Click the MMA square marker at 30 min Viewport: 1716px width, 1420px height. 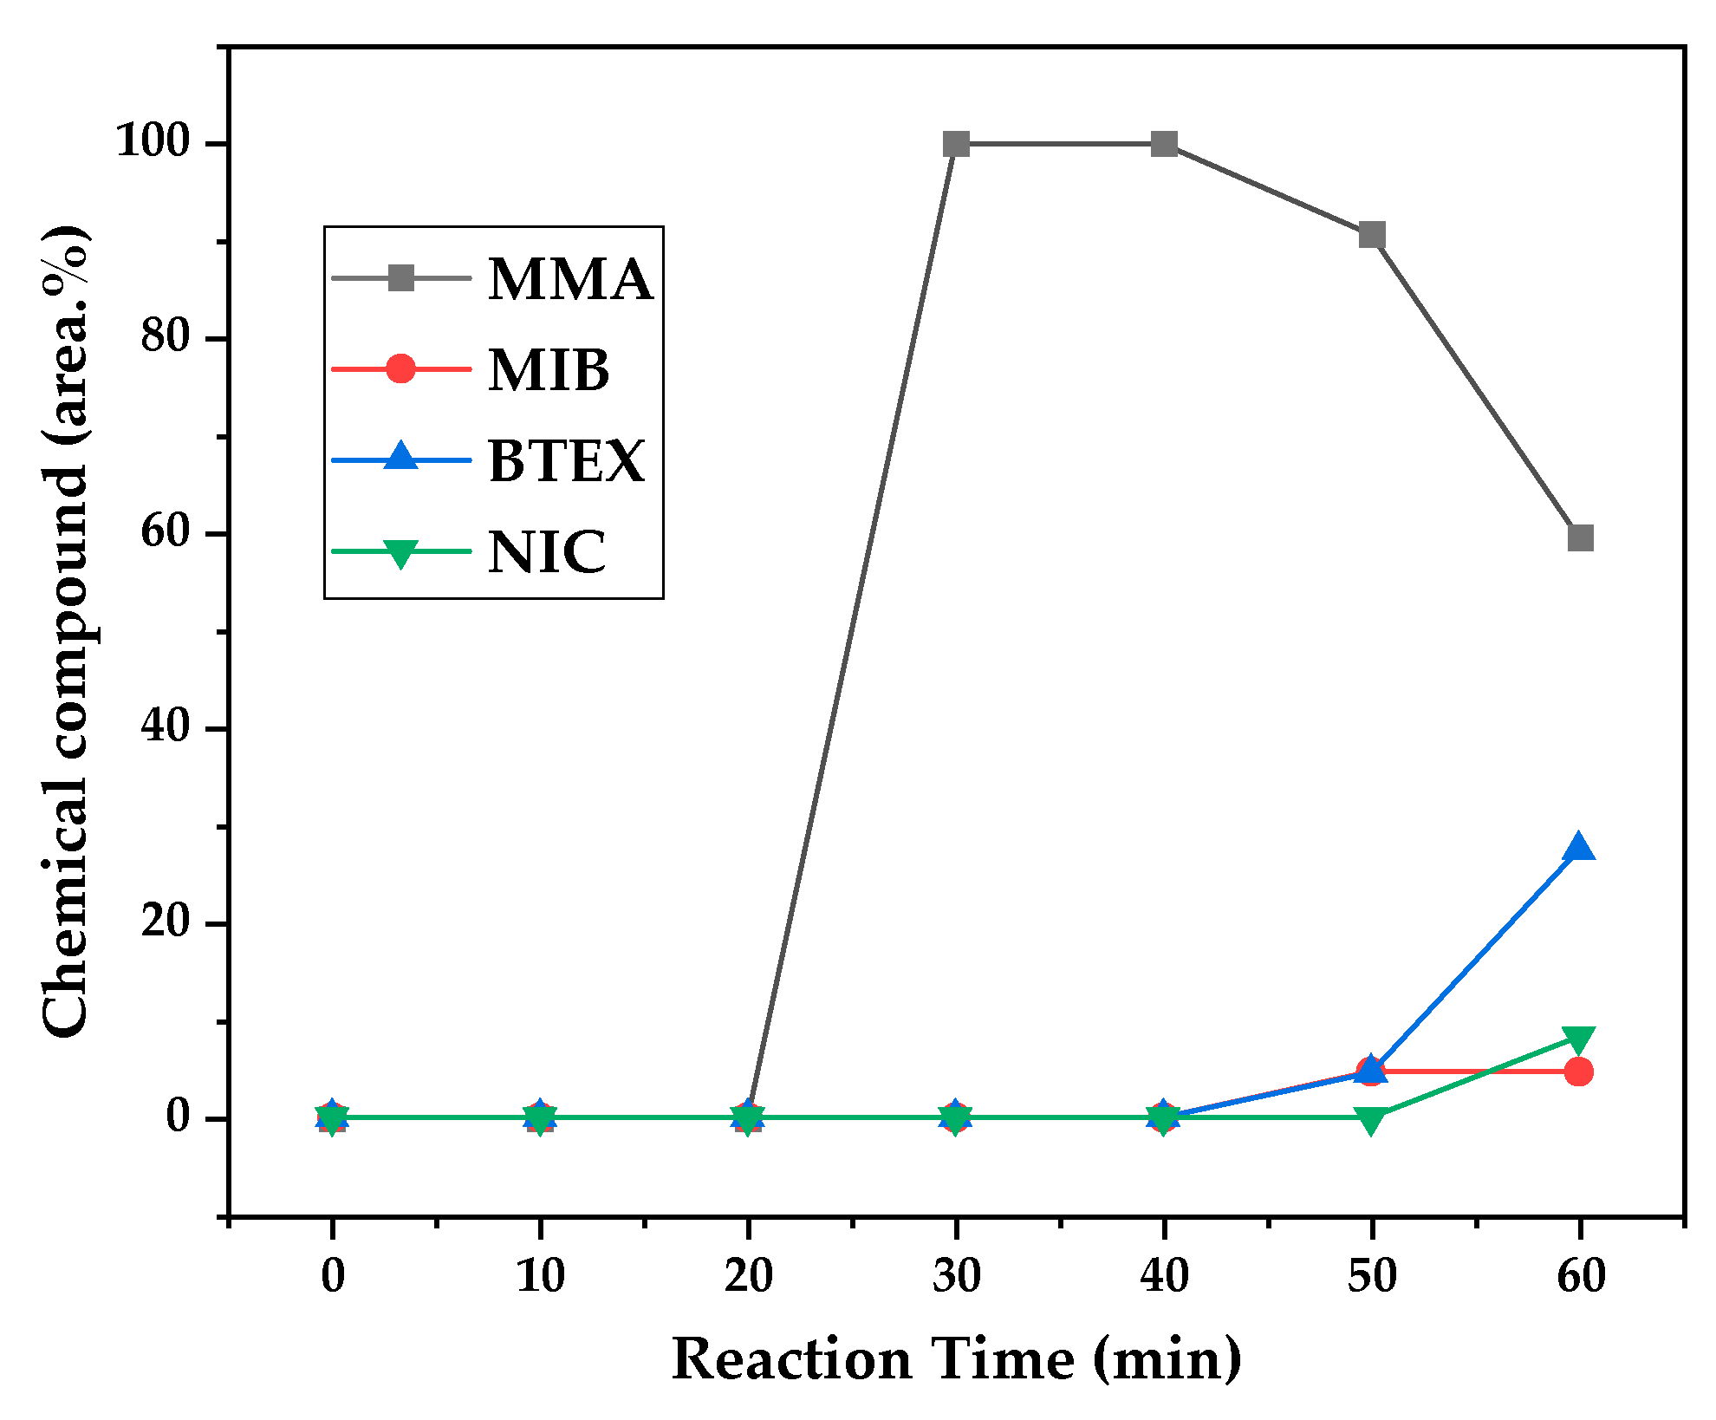click(x=956, y=144)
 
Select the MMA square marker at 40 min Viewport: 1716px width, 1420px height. click(x=1164, y=144)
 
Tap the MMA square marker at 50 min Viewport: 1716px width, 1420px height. click(x=1371, y=235)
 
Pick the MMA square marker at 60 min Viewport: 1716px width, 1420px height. click(x=1580, y=538)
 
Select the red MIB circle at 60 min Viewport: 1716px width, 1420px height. click(x=1579, y=1072)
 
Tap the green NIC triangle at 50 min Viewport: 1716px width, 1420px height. click(x=1371, y=1120)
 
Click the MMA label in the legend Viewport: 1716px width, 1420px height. click(x=569, y=279)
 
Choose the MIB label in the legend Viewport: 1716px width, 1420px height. click(x=549, y=370)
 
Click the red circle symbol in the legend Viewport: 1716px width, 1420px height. click(x=400, y=368)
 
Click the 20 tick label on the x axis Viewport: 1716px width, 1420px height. click(x=748, y=1275)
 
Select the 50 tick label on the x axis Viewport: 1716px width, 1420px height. click(x=1371, y=1275)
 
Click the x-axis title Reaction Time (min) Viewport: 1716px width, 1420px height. click(x=956, y=1358)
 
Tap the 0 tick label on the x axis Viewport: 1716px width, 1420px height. click(x=332, y=1275)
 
